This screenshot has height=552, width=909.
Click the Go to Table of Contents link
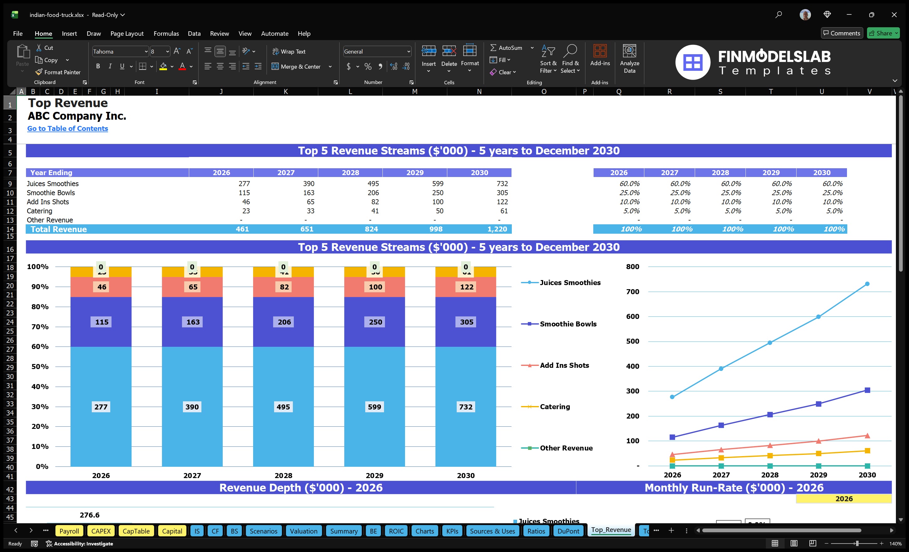point(68,128)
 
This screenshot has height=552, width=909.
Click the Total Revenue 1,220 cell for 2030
point(496,229)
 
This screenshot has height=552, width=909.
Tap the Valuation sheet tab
point(303,531)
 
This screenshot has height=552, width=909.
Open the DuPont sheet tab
point(568,531)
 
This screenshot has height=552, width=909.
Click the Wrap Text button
point(289,52)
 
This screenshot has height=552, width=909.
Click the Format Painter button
point(58,72)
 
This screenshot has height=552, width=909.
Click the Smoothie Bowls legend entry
point(568,324)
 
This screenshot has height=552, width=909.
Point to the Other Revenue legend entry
point(566,448)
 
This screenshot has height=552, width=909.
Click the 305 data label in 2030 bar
point(466,322)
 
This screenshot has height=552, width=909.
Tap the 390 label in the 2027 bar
point(192,407)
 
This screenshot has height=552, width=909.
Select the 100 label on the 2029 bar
point(375,287)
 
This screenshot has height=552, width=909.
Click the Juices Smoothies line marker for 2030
point(867,284)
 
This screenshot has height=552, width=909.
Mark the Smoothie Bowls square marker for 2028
point(770,415)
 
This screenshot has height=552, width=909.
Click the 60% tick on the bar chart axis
point(40,346)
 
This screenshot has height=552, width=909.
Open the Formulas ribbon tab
point(166,34)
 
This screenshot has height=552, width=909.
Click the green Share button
point(883,33)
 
